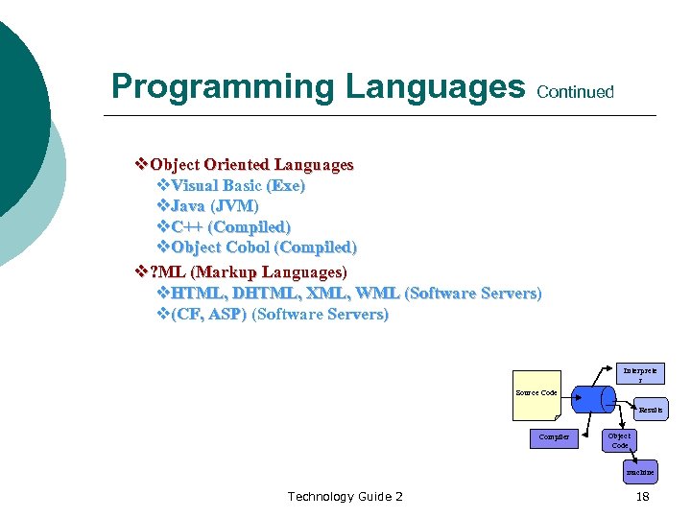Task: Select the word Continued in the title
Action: (x=575, y=92)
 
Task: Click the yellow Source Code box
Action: (x=536, y=394)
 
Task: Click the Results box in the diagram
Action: (x=650, y=410)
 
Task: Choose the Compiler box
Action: (x=554, y=437)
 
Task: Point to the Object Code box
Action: (x=619, y=440)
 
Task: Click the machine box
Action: (x=639, y=472)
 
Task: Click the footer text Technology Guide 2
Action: (x=345, y=496)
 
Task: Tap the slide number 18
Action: (x=641, y=496)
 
